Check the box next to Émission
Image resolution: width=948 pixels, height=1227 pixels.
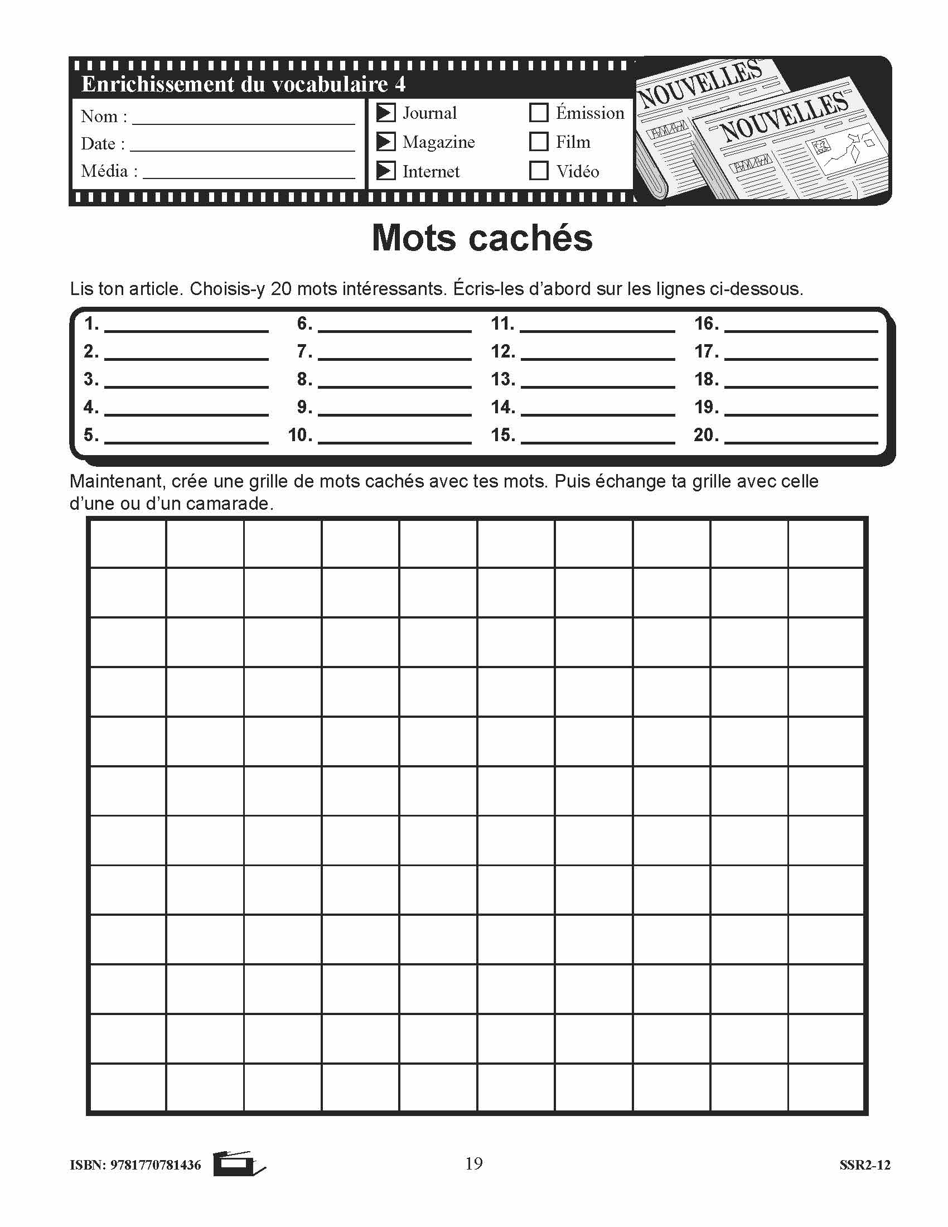(x=539, y=113)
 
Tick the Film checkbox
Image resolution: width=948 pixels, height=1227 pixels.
(x=539, y=142)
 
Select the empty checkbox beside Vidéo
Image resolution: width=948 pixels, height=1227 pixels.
(x=539, y=171)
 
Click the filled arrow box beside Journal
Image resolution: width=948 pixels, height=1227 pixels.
(x=385, y=113)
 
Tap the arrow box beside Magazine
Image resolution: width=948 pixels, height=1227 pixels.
(x=385, y=142)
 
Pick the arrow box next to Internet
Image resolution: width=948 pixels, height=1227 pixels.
(x=385, y=171)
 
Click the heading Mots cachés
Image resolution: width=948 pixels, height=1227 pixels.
(x=482, y=238)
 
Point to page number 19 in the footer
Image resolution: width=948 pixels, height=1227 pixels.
(x=473, y=1163)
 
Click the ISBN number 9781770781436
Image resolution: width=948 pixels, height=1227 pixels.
(x=156, y=1165)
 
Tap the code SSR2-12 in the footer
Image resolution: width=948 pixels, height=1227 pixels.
(x=865, y=1165)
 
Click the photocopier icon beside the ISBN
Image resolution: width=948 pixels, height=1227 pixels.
(x=238, y=1164)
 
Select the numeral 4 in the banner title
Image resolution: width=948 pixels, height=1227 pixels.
(x=400, y=84)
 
